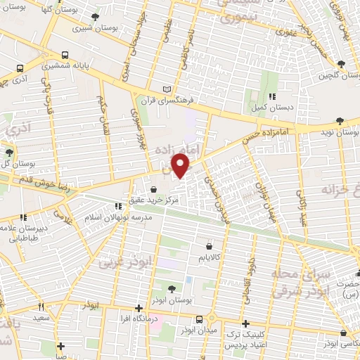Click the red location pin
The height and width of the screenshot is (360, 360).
click(x=181, y=166)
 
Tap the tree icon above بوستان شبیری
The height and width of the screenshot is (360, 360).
click(x=96, y=17)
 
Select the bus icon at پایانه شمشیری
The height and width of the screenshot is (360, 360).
click(x=65, y=54)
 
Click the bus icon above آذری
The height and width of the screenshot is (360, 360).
click(x=20, y=70)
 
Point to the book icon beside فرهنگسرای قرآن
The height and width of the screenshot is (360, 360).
click(x=167, y=89)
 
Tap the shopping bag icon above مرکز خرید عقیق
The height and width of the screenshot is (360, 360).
click(x=154, y=188)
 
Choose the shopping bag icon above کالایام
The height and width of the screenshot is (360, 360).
click(x=210, y=246)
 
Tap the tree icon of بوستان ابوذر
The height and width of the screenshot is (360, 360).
click(x=172, y=288)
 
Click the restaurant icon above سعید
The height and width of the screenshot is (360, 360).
click(x=41, y=306)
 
